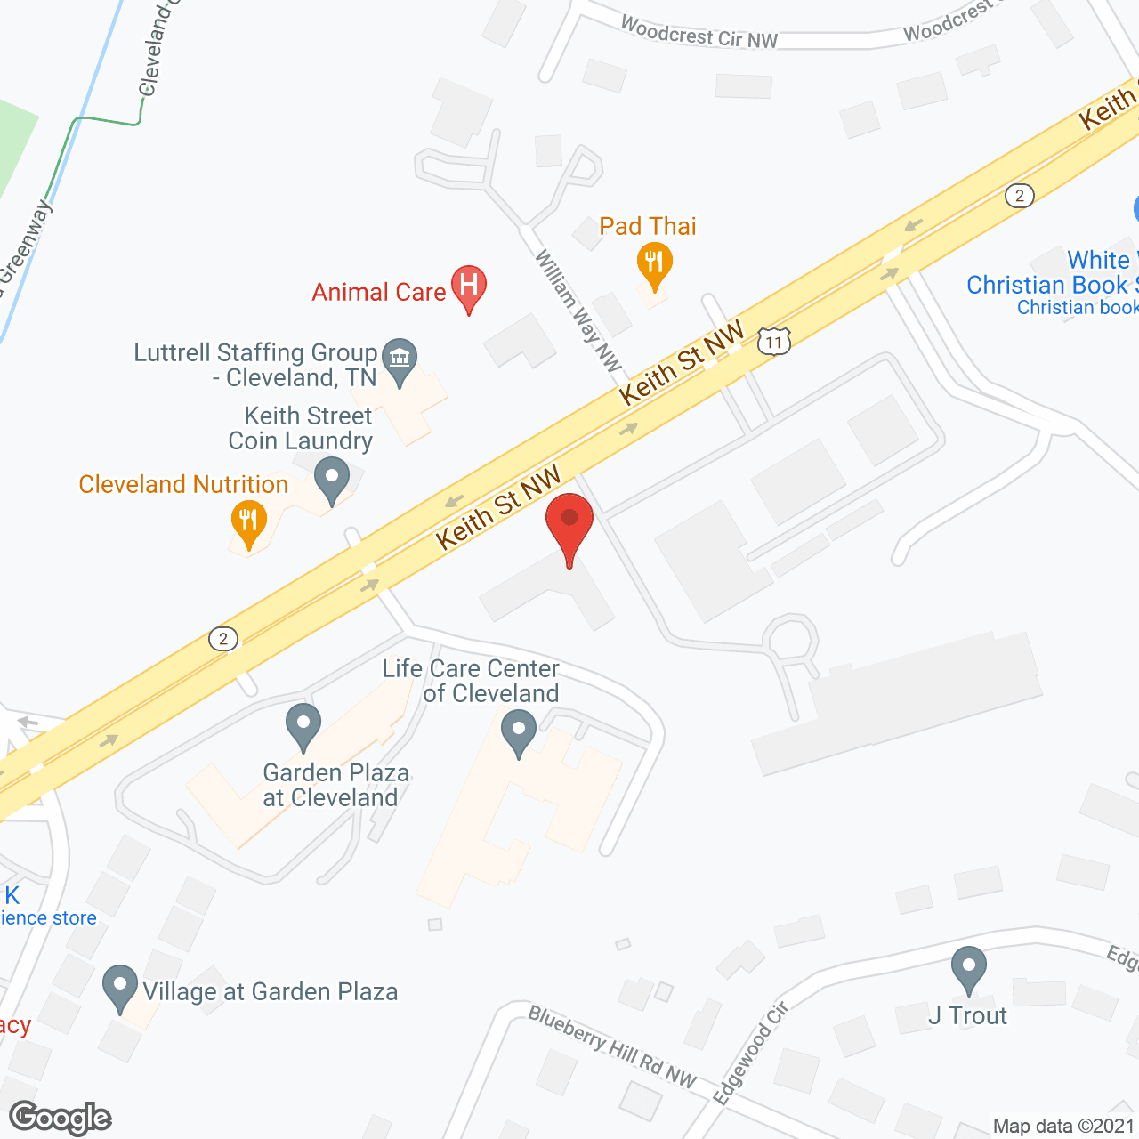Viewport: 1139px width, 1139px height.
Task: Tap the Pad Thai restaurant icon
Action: [x=654, y=265]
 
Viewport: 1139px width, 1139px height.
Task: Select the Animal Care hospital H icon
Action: [x=469, y=287]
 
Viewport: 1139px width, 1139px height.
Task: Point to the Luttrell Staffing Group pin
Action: [x=400, y=359]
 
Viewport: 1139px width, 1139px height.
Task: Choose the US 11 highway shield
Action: [x=774, y=341]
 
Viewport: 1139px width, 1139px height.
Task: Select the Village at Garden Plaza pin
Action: [x=120, y=987]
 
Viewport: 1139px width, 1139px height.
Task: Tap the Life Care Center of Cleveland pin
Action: [x=519, y=734]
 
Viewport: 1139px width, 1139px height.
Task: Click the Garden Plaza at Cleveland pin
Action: [x=303, y=725]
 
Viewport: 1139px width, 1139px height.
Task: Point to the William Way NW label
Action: [x=578, y=310]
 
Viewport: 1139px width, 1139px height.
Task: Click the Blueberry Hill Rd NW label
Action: [x=612, y=1046]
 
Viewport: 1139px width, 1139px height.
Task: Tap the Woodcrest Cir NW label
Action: [x=699, y=33]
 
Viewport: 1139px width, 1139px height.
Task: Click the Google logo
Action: [x=61, y=1118]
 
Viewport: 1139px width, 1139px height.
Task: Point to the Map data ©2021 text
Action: [x=1062, y=1126]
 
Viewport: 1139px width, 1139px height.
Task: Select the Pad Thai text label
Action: [x=648, y=226]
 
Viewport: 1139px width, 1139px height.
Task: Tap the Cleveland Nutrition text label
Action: [x=183, y=484]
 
